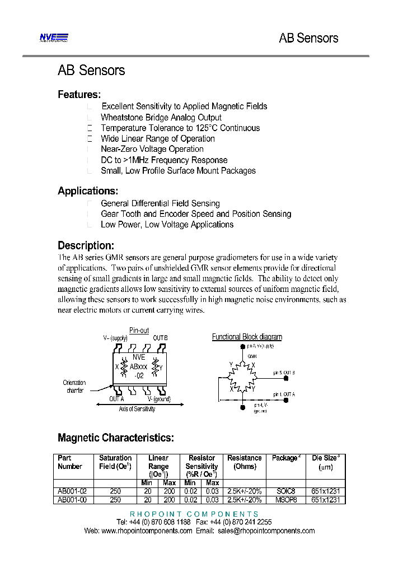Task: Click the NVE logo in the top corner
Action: click(x=54, y=38)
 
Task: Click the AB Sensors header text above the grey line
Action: click(x=308, y=38)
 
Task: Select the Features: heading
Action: click(x=79, y=95)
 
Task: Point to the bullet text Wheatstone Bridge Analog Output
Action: click(x=161, y=118)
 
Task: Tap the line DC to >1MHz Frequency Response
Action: click(x=164, y=160)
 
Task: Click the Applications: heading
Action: click(x=88, y=191)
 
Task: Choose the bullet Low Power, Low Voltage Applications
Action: click(x=167, y=225)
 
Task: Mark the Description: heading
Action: click(x=86, y=245)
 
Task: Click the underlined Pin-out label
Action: click(x=139, y=331)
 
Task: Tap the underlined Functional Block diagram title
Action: click(x=247, y=337)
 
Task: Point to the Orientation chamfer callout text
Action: click(x=74, y=387)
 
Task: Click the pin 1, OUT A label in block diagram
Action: click(x=284, y=394)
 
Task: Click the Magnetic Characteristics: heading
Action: click(x=116, y=438)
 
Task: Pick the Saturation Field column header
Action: click(x=115, y=462)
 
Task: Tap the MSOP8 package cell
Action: click(x=285, y=499)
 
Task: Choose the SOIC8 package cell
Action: click(x=285, y=491)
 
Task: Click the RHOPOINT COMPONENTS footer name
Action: click(x=194, y=514)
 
